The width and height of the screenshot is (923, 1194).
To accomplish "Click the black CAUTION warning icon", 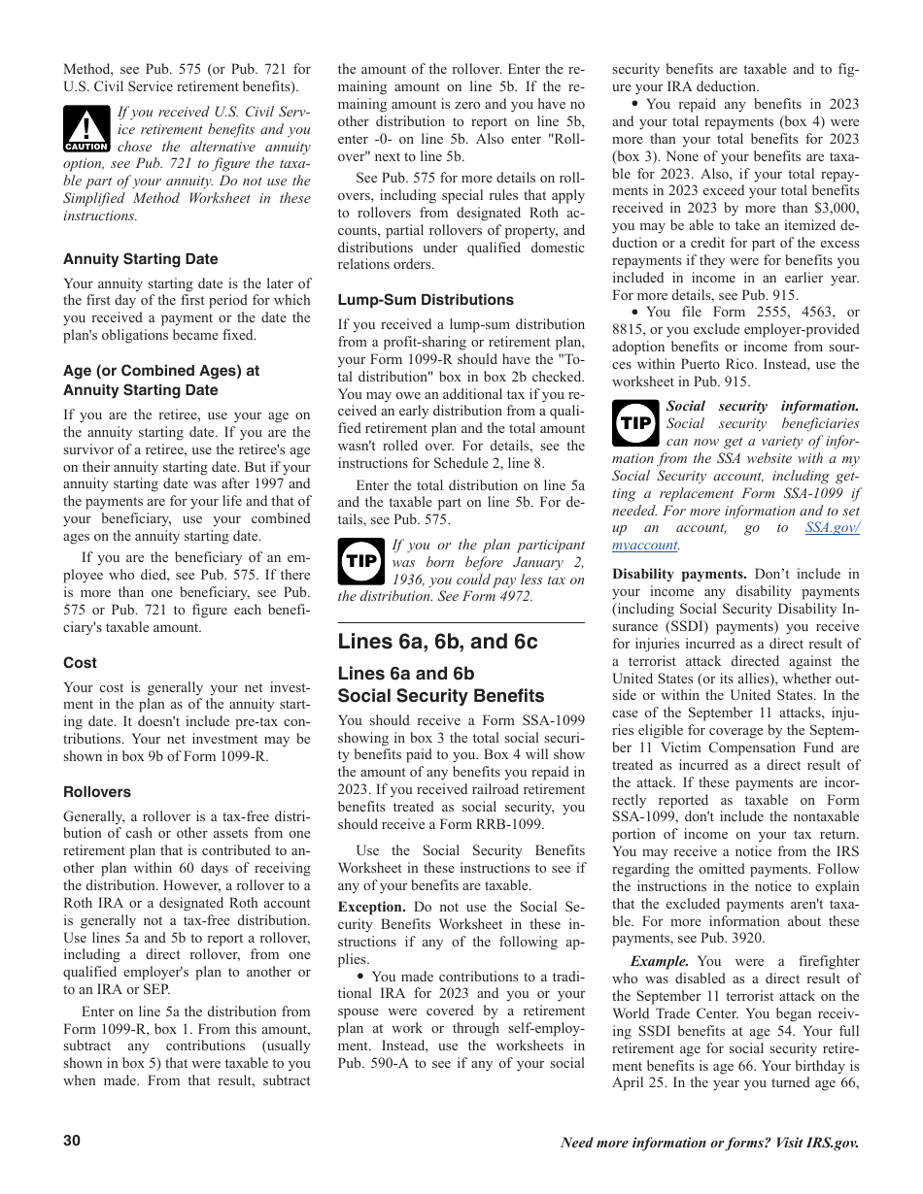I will tap(86, 130).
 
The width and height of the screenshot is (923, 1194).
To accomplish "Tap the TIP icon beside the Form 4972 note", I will tap(361, 561).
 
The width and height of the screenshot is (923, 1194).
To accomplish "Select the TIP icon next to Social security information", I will tap(635, 423).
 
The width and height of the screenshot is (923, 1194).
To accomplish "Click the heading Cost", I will tap(80, 663).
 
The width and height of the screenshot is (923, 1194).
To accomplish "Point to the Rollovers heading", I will tap(97, 792).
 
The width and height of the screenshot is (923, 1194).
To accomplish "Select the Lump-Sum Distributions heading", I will tap(426, 300).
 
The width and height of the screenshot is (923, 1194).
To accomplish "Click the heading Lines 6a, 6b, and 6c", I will tap(437, 642).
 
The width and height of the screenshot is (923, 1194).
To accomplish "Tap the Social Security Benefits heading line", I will tap(440, 696).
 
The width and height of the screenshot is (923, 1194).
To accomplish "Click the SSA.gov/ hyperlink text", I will tap(833, 527).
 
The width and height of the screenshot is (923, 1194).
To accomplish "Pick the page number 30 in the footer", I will tap(72, 1141).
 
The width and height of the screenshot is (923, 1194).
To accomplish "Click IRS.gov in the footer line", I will tap(833, 1143).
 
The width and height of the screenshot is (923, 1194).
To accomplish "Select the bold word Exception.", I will tap(371, 907).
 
